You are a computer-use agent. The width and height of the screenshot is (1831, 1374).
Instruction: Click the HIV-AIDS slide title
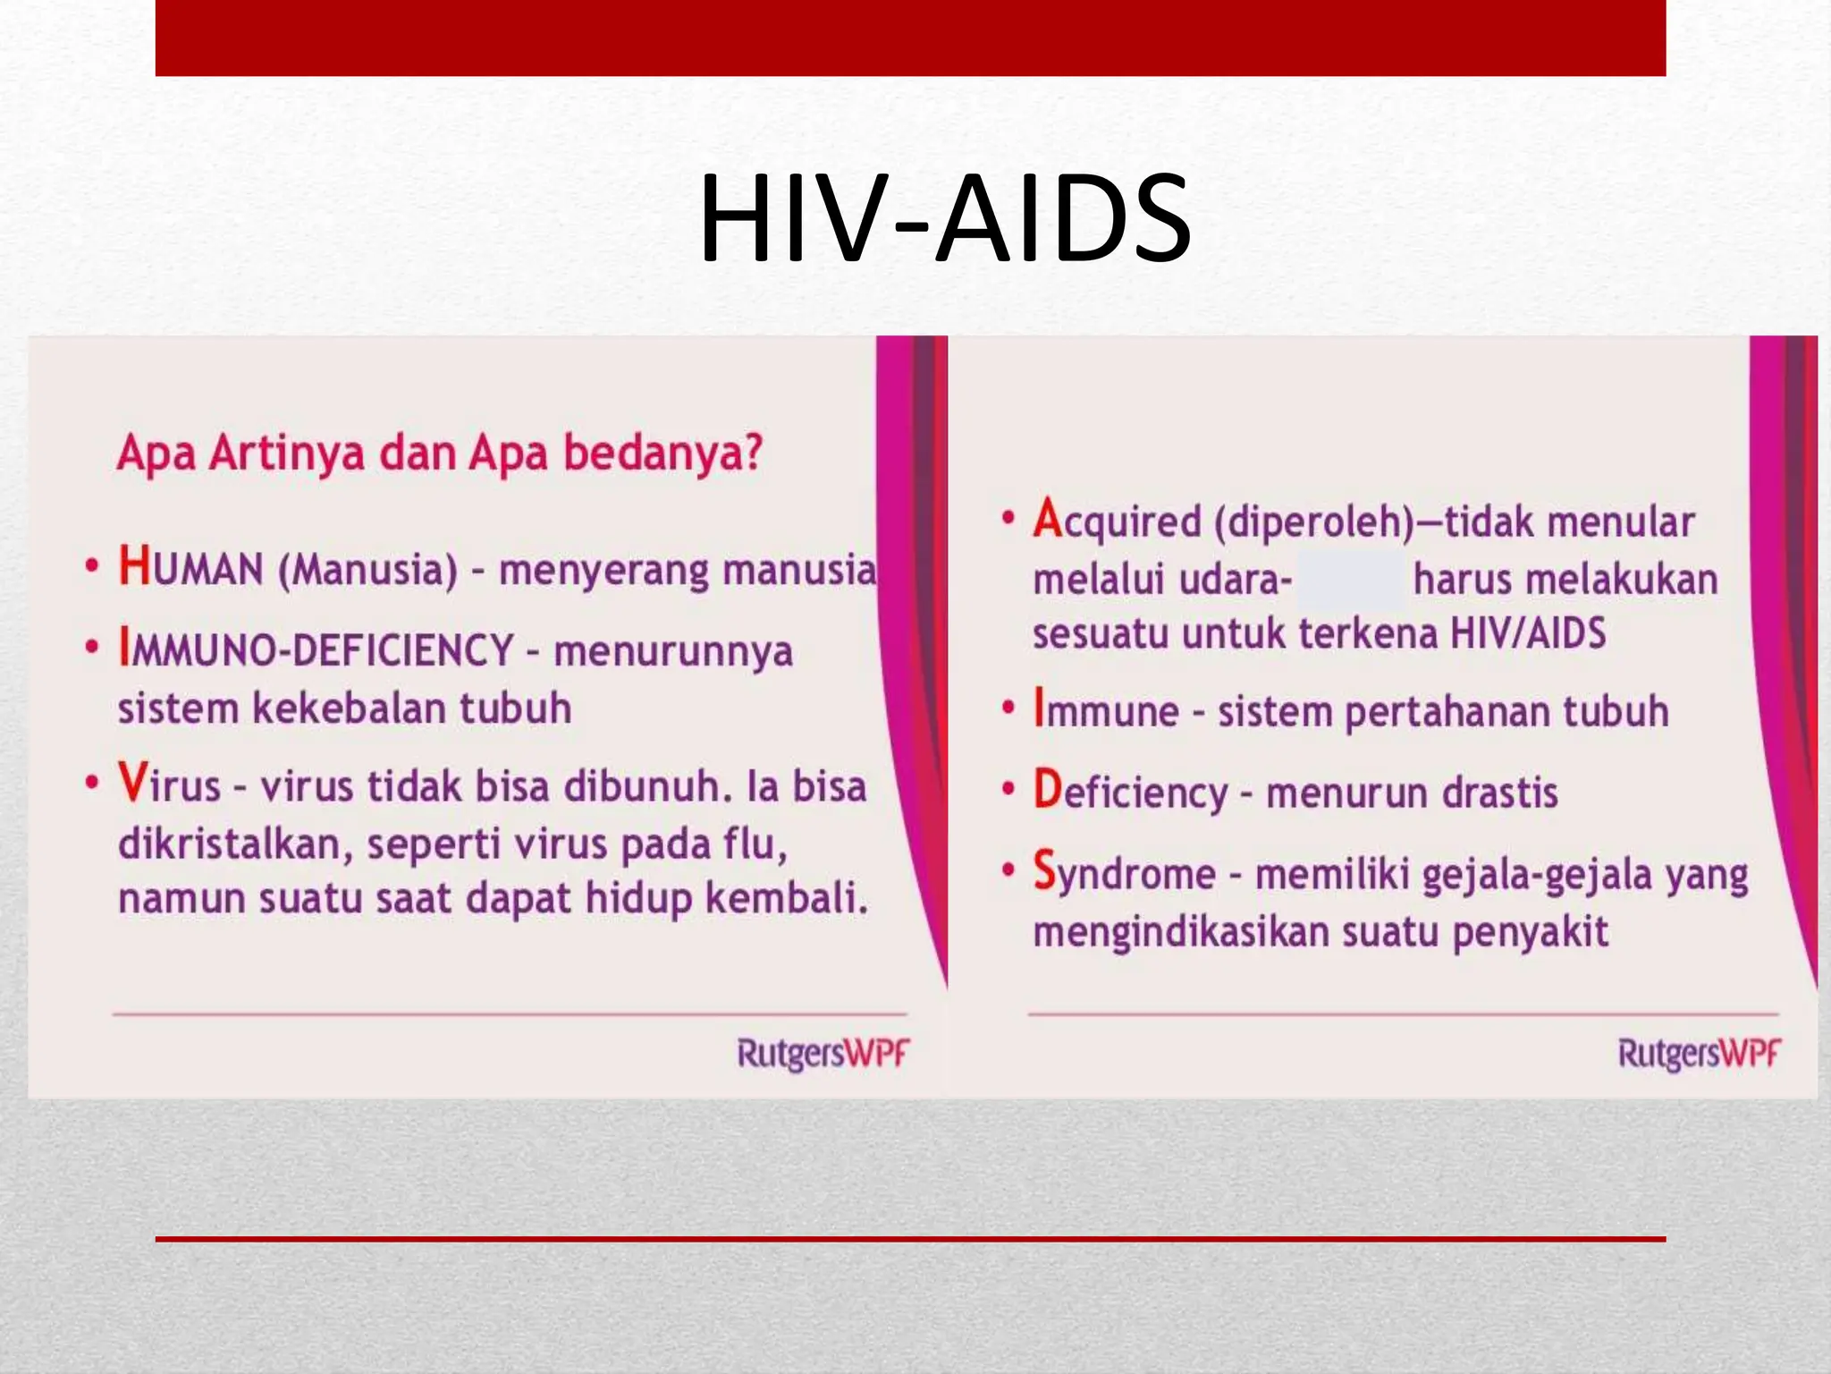(x=944, y=220)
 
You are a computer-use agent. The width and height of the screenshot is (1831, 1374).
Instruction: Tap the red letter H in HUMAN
(x=134, y=567)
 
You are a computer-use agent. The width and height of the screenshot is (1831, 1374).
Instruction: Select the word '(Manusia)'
(x=367, y=571)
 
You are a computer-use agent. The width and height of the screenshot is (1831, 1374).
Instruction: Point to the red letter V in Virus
(x=132, y=783)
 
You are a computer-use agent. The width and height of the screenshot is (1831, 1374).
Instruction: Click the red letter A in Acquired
(x=1046, y=519)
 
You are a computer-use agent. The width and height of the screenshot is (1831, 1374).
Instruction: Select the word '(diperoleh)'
(x=1313, y=522)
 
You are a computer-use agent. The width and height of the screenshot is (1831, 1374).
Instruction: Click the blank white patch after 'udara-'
(x=1350, y=580)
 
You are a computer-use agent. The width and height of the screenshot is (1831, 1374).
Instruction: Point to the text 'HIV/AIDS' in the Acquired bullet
(x=1527, y=633)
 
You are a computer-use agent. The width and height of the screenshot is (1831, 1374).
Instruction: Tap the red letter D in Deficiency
(x=1047, y=790)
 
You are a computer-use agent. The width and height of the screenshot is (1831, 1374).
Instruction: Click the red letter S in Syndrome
(x=1044, y=870)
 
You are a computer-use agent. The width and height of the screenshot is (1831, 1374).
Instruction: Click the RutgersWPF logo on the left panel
(x=822, y=1054)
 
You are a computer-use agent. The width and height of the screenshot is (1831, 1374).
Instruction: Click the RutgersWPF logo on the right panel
(x=1698, y=1054)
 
